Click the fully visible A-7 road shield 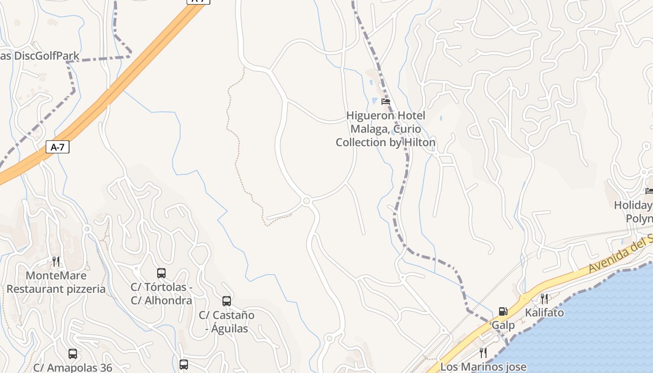(x=58, y=147)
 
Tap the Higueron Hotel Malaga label (x=386, y=129)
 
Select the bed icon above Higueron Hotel (x=385, y=101)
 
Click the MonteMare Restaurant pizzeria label (x=56, y=282)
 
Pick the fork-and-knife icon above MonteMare (x=56, y=261)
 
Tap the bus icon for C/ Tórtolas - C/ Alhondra (x=161, y=273)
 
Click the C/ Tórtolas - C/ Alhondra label (x=161, y=294)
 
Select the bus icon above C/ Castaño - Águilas (x=227, y=301)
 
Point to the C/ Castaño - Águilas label (x=227, y=322)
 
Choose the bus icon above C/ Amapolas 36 (x=73, y=354)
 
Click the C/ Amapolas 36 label (x=73, y=367)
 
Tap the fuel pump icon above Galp (x=503, y=311)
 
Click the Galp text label (x=503, y=325)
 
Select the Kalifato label (x=544, y=312)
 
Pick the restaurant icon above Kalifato (x=544, y=299)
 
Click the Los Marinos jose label (x=483, y=367)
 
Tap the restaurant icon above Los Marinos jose (x=483, y=352)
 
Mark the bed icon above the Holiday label (x=649, y=191)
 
